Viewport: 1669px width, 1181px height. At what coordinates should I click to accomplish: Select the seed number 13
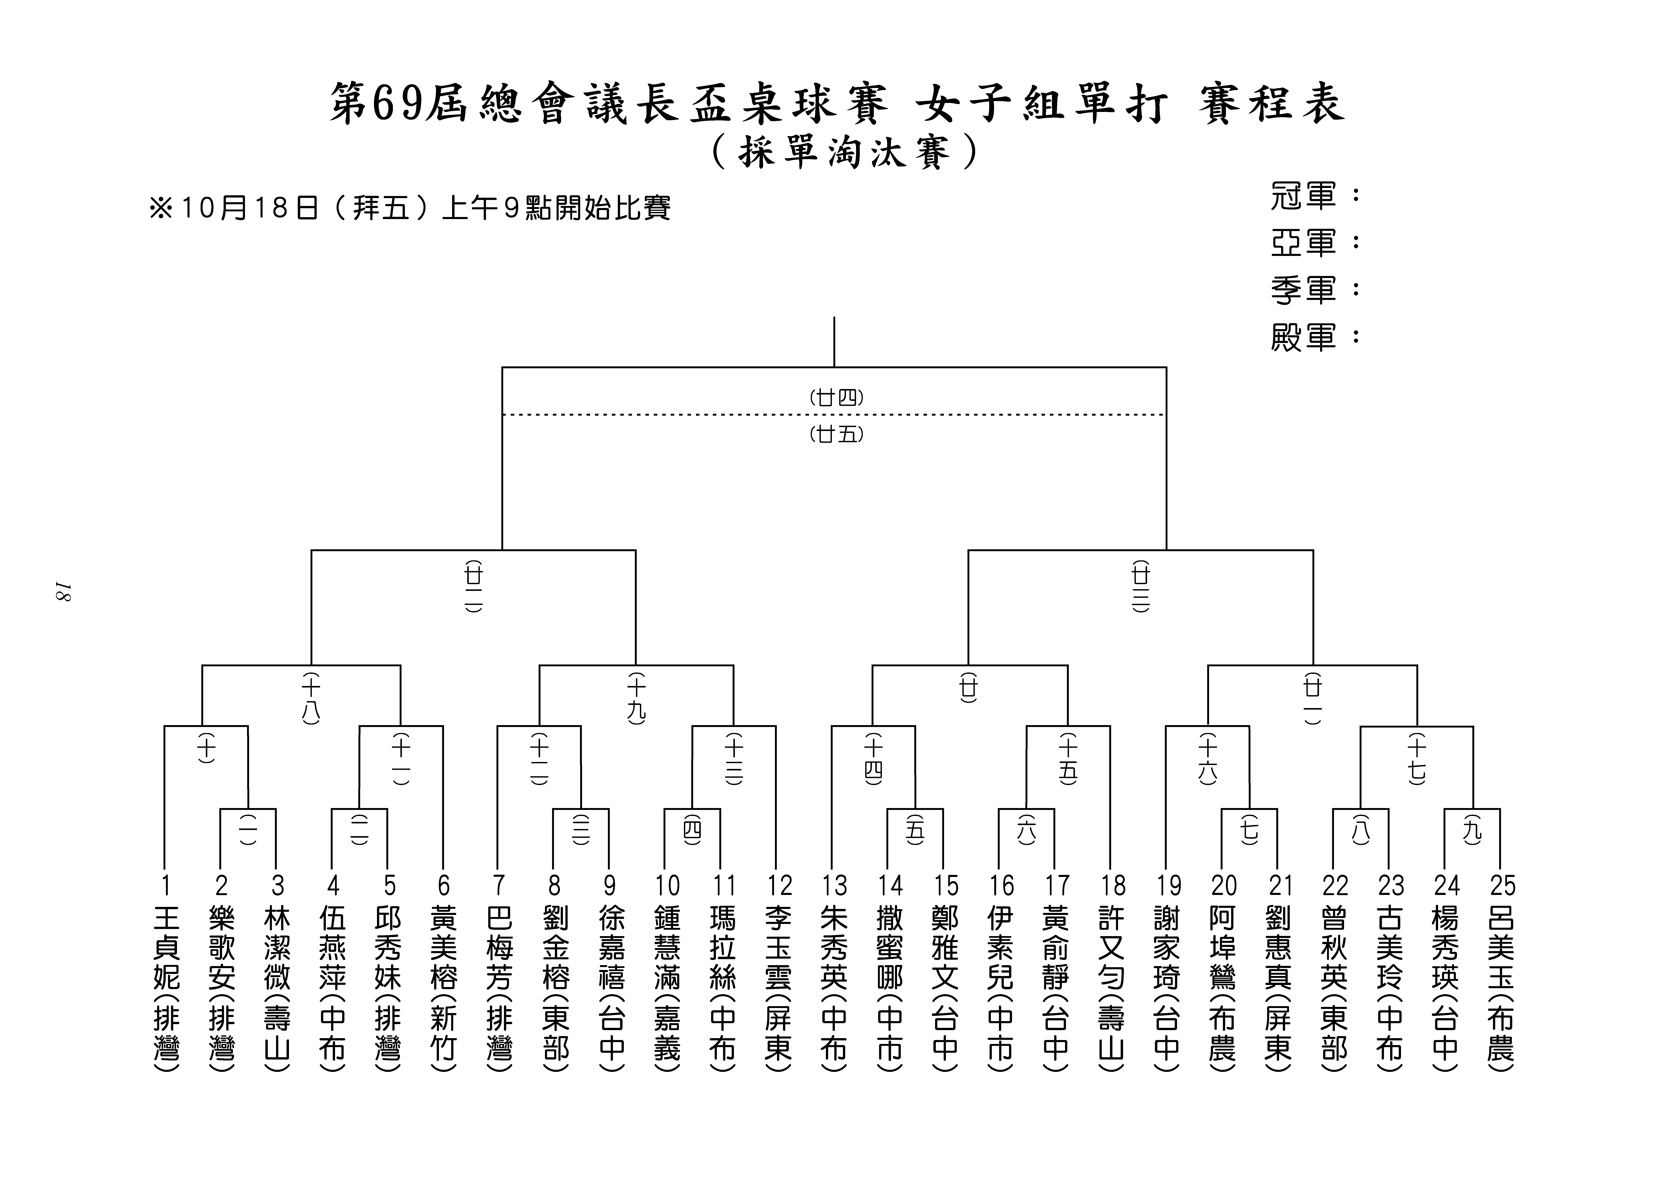835,886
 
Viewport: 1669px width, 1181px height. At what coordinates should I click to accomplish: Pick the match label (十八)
311,698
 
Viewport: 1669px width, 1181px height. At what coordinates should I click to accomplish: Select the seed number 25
1503,886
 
